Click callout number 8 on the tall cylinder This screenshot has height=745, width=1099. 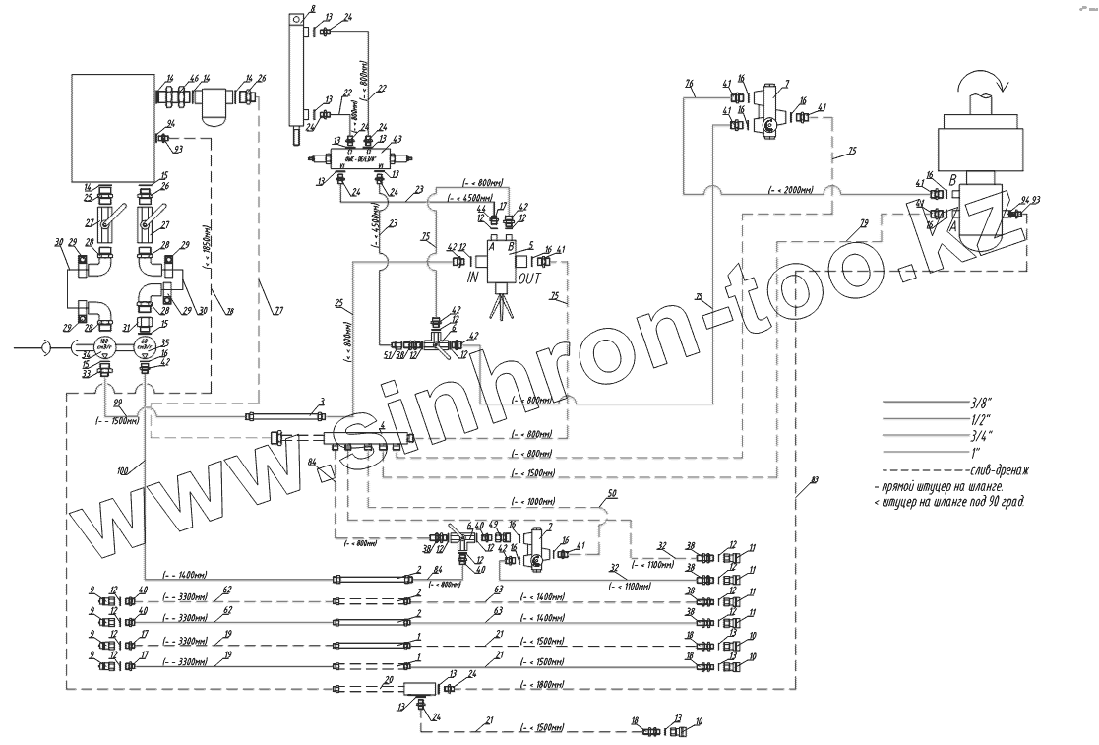(x=311, y=9)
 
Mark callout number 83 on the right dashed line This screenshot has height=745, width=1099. (x=813, y=479)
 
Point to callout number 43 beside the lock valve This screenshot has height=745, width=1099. (x=396, y=140)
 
